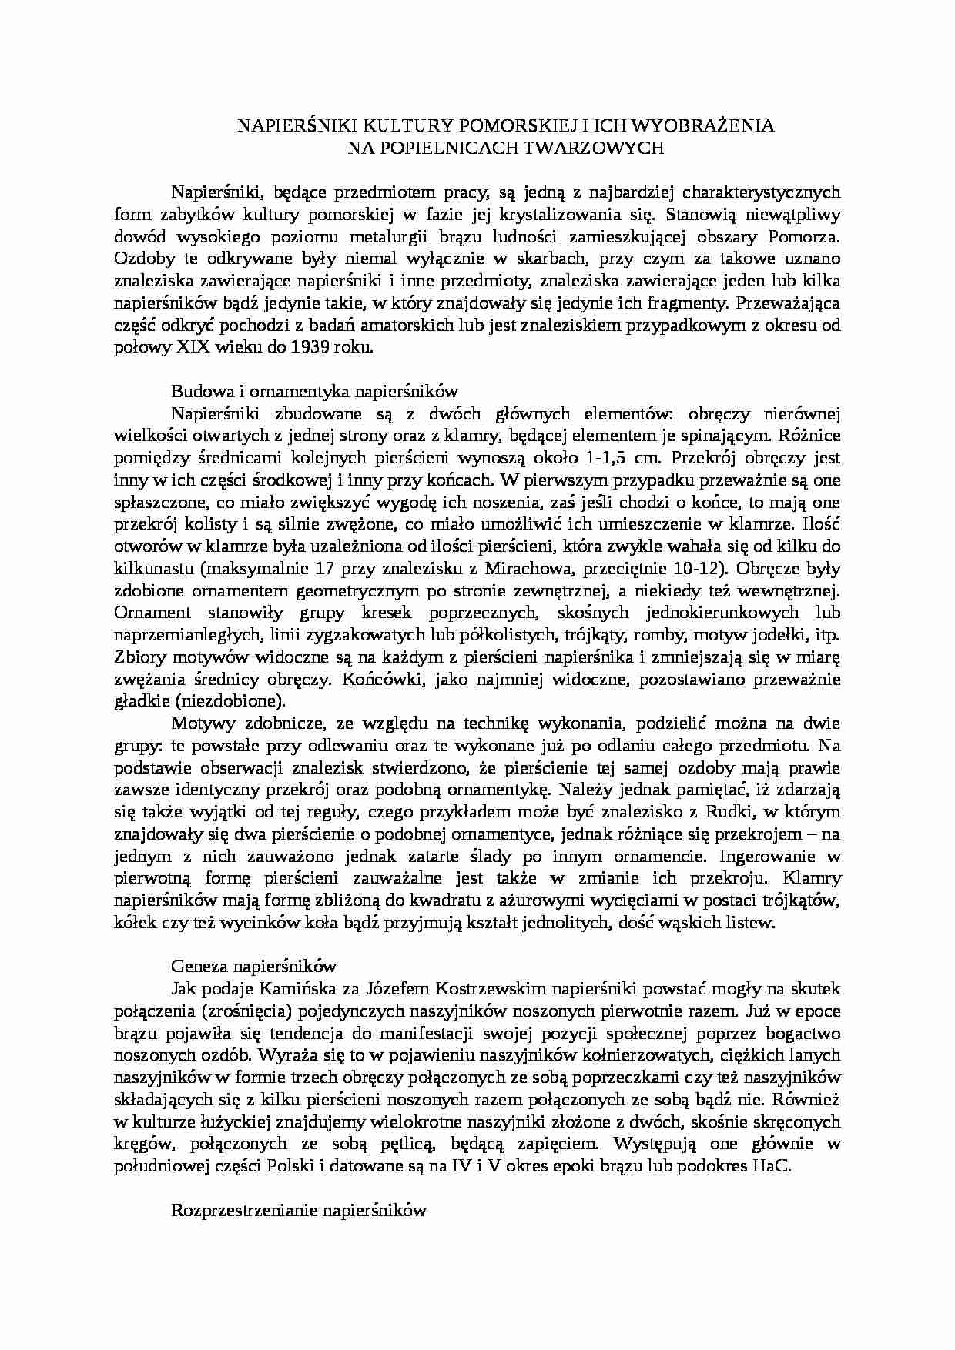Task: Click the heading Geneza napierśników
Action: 254,966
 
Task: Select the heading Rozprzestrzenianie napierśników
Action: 299,1210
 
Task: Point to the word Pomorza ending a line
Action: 808,236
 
